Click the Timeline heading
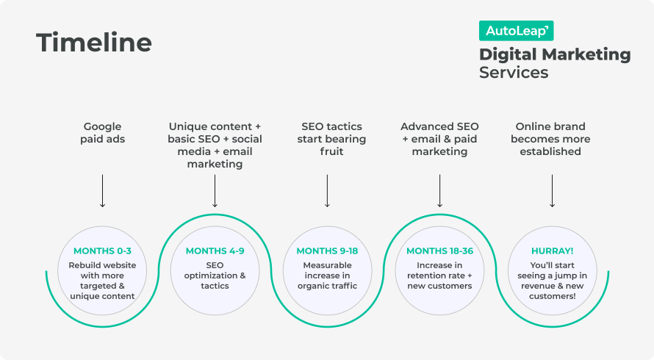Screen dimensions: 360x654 (94, 43)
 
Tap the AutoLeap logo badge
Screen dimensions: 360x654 (516, 30)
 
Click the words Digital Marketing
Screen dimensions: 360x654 (555, 54)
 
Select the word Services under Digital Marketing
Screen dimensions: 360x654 (514, 73)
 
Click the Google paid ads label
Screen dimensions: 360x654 (102, 132)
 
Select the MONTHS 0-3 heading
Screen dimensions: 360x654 (102, 251)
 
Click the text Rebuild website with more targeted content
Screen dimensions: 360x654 (102, 280)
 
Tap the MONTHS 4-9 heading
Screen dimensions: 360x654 (215, 251)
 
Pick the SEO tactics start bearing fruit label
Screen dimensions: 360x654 (327, 139)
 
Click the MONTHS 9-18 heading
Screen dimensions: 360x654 (327, 251)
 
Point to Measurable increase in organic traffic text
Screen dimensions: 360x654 (327, 275)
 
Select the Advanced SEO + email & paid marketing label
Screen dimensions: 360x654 (439, 139)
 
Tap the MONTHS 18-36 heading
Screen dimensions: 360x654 (439, 251)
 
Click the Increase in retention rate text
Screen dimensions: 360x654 (439, 275)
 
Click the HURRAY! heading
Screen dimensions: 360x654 (552, 251)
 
